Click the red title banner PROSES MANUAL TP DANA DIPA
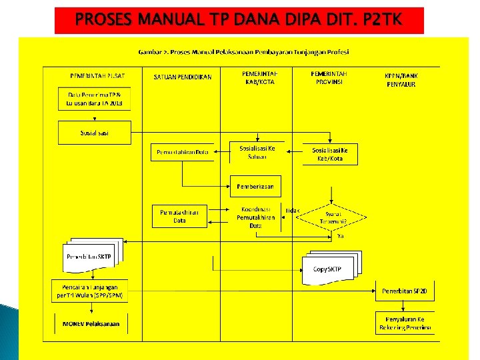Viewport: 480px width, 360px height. coord(239,20)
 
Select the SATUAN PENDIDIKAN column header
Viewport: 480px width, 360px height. coord(183,77)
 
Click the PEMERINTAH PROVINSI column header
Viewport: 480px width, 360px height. coord(329,77)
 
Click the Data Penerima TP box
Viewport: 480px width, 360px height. coord(94,99)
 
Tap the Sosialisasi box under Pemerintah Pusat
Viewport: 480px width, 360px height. coord(94,133)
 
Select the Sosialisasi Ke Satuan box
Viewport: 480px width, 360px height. coord(257,152)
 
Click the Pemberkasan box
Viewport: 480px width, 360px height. coord(256,186)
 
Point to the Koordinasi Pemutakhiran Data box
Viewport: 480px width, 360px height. coord(255,217)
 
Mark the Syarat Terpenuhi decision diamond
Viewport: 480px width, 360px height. coord(330,215)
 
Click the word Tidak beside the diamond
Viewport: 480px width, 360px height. coord(292,211)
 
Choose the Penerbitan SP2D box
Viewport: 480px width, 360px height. coord(407,291)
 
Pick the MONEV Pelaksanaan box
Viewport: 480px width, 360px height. coord(91,324)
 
